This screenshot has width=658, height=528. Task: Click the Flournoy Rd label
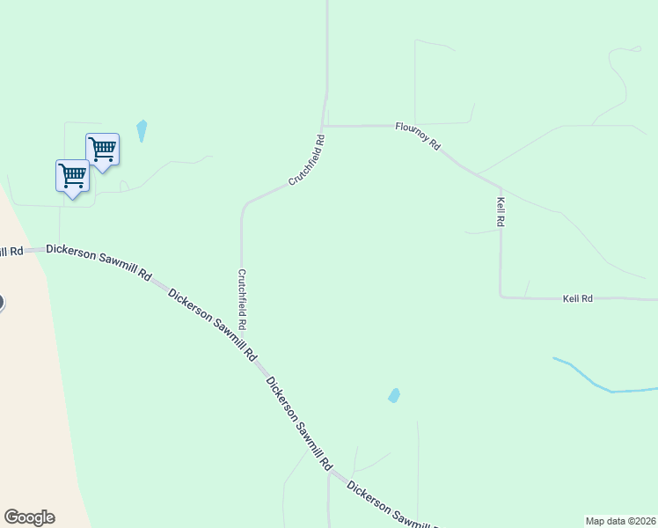tap(417, 136)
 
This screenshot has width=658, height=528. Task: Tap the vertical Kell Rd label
tap(500, 212)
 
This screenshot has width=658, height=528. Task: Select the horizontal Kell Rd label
tap(578, 299)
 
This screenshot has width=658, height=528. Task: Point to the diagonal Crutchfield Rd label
tap(307, 159)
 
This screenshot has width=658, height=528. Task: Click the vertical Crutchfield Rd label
tap(241, 299)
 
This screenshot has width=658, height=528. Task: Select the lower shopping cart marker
tap(72, 174)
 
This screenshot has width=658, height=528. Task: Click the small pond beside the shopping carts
tap(142, 130)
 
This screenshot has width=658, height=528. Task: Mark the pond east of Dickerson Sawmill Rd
tap(394, 396)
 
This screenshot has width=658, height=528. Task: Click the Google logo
tap(29, 517)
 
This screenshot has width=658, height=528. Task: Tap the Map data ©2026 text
tap(620, 520)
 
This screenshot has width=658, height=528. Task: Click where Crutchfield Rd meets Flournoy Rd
tap(325, 126)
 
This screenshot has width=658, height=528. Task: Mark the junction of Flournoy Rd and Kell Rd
tap(500, 187)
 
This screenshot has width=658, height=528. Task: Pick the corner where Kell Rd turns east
tap(501, 297)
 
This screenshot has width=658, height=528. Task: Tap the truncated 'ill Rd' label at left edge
tap(11, 253)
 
